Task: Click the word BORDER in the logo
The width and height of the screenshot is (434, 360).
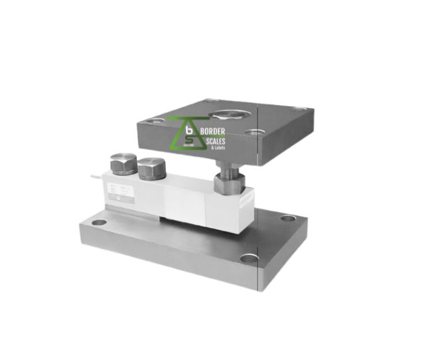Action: tap(212, 131)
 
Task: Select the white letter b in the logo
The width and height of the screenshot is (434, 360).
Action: tap(189, 131)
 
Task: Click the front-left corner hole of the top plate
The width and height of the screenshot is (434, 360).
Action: tap(154, 121)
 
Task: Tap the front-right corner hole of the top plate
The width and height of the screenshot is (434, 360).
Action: tap(252, 132)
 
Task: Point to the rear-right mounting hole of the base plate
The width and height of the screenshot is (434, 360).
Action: tap(287, 218)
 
